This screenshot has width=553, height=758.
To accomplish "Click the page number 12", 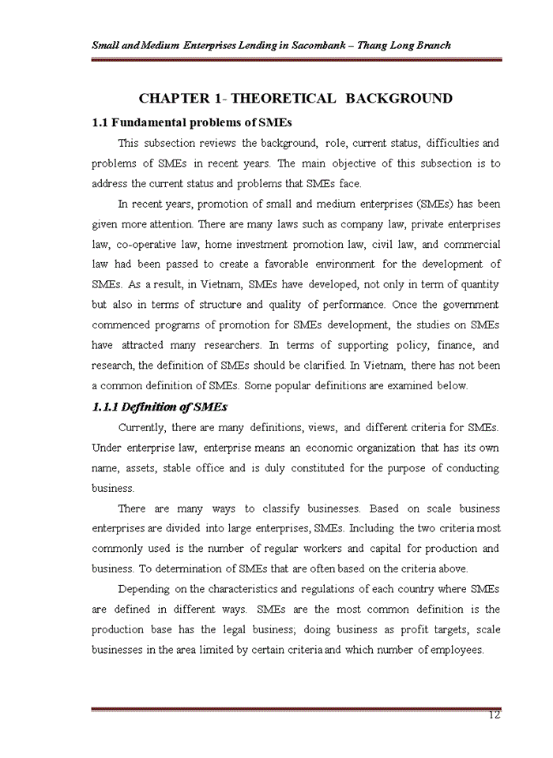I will (495, 716).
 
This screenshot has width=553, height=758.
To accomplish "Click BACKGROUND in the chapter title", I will (400, 99).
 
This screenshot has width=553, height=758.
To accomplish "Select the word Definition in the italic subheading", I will (156, 407).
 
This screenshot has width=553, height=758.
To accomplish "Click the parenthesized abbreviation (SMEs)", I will (419, 205).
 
